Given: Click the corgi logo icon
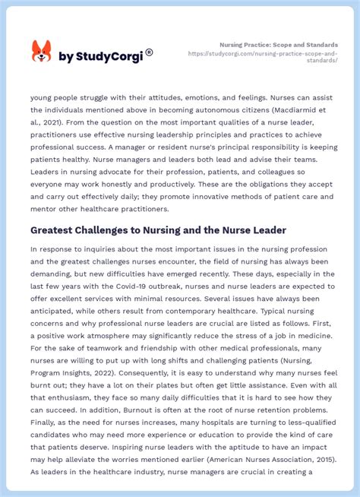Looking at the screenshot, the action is [41, 52].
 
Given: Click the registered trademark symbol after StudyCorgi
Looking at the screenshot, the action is [149, 52].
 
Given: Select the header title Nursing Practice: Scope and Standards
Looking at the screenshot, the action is [279, 45].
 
